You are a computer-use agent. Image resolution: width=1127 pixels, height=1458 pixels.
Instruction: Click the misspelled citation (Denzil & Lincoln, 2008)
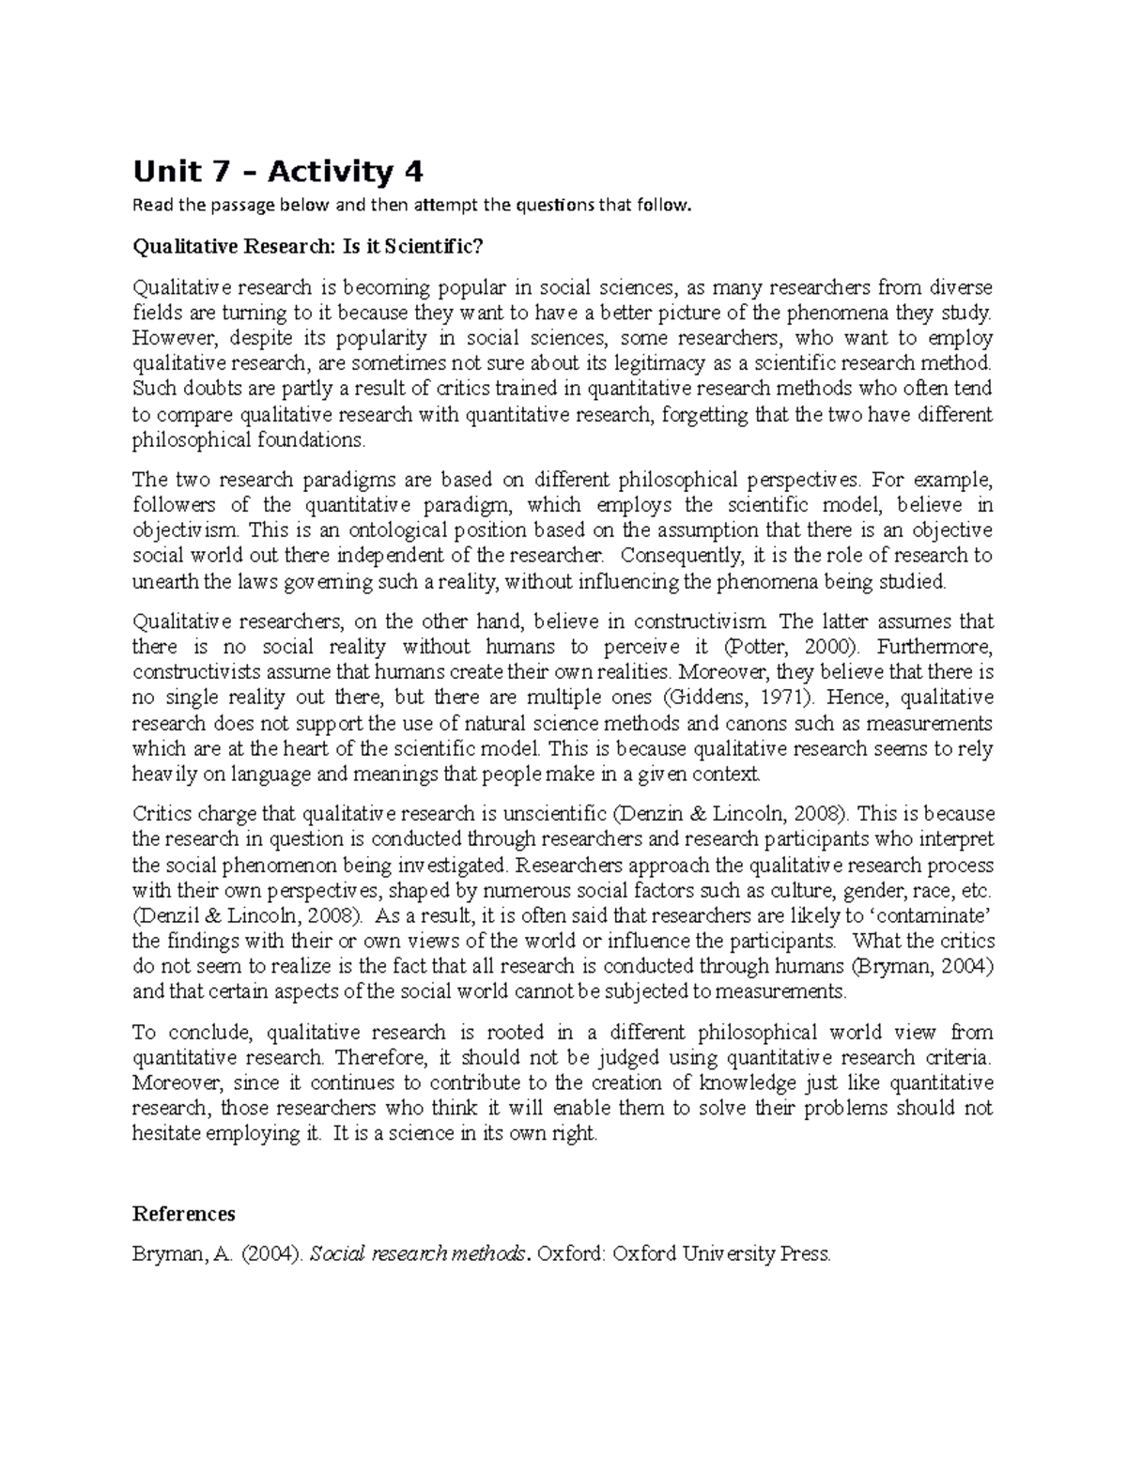[247, 915]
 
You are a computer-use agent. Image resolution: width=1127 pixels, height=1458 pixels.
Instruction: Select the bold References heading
[183, 1214]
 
